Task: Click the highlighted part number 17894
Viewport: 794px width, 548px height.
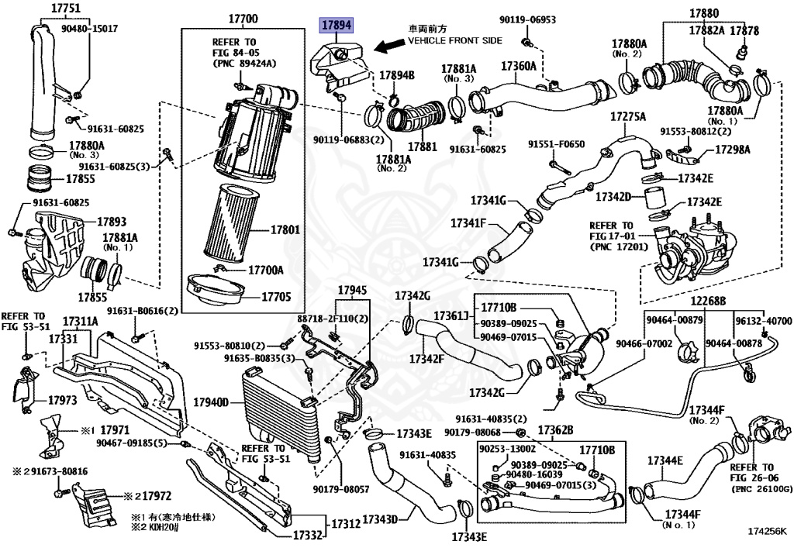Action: click(337, 26)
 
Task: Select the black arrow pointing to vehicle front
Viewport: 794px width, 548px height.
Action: click(388, 47)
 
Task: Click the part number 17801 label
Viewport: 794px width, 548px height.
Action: click(285, 231)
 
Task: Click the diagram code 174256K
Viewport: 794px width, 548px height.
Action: click(767, 533)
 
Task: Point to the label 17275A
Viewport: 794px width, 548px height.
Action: click(627, 117)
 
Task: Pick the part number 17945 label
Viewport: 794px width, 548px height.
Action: click(350, 291)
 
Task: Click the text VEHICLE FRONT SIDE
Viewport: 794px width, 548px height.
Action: click(454, 40)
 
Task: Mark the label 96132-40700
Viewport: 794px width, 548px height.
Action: click(763, 321)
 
